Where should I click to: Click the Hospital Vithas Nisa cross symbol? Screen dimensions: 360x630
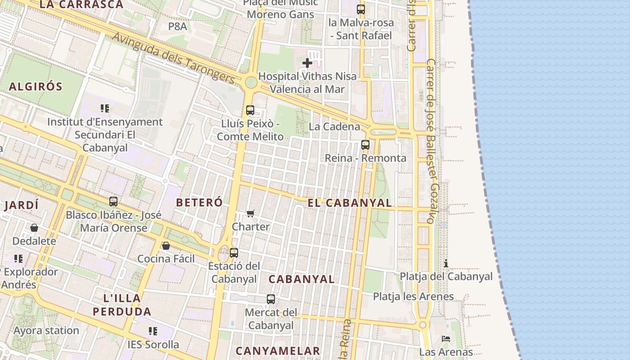pos(307,63)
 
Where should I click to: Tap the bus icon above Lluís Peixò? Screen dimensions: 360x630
pos(250,110)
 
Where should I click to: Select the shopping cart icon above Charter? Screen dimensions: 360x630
pos(250,213)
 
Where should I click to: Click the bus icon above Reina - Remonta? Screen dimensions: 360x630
pos(365,145)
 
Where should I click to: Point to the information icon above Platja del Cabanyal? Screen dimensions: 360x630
pos(446,263)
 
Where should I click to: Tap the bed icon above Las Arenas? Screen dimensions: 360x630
pos(446,338)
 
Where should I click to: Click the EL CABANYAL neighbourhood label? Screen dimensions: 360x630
pos(350,203)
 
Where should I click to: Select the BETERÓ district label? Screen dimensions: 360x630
pos(199,202)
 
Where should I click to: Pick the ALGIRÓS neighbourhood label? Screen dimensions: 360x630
pos(36,86)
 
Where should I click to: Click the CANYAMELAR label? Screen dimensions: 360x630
pos(278,351)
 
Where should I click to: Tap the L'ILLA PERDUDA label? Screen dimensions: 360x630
pos(122,305)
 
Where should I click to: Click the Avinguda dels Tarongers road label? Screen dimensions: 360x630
pos(173,58)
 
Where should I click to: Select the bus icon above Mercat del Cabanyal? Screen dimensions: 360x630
pos(271,299)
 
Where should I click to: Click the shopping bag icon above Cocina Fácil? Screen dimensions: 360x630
pos(166,246)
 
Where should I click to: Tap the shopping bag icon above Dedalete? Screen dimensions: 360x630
pos(34,228)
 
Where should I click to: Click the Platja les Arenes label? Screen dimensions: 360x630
pos(413,297)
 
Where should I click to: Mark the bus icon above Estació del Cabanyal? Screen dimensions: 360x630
pos(234,253)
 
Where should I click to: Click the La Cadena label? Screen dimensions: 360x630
pos(334,127)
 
